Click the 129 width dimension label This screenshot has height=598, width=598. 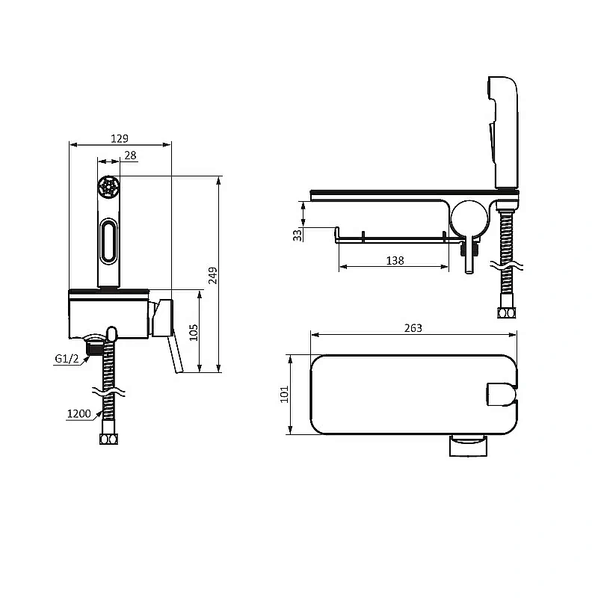[x=120, y=138]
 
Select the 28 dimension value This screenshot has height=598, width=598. [x=130, y=155]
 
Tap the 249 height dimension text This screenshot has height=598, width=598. [x=213, y=275]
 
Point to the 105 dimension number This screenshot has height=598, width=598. [x=194, y=332]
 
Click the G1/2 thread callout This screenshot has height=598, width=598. [x=67, y=359]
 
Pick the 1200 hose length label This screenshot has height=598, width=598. [x=79, y=414]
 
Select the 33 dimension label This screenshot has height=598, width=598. [x=298, y=235]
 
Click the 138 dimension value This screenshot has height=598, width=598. [x=395, y=261]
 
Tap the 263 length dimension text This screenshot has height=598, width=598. [x=413, y=328]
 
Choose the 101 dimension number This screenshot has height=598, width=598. [x=285, y=395]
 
